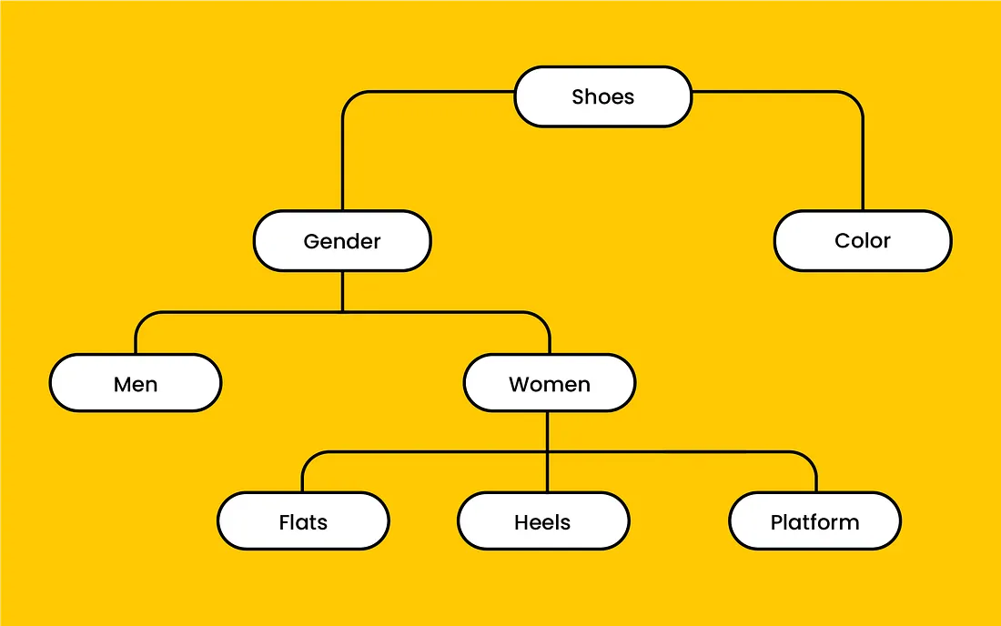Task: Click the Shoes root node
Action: click(602, 96)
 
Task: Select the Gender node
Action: click(342, 241)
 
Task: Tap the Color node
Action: click(862, 241)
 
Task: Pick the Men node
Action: click(136, 384)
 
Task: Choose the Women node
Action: click(549, 384)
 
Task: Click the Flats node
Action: click(303, 522)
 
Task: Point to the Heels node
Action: click(542, 522)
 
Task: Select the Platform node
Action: click(814, 522)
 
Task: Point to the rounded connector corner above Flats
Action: click(308, 458)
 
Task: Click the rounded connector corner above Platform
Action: click(810, 458)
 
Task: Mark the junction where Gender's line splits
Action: click(342, 312)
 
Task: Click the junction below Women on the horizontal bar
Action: click(547, 451)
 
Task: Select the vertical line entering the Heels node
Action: click(547, 473)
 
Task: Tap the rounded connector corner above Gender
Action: click(349, 97)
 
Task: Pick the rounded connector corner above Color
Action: click(855, 97)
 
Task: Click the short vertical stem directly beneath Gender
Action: click(342, 291)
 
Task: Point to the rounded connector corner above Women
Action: click(543, 318)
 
